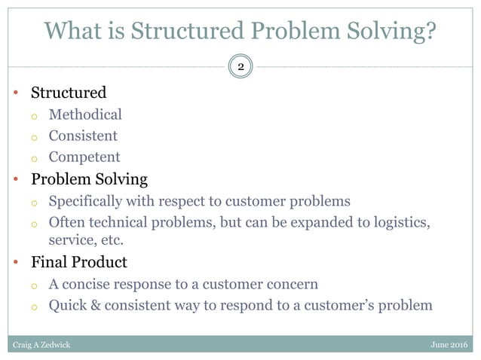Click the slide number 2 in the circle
240,67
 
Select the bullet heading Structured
68,93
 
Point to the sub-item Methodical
84,114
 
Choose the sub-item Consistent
83,136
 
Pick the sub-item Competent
84,157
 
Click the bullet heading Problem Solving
89,179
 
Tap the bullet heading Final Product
78,262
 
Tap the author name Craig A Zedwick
43,344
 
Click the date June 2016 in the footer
448,344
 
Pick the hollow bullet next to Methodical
34,116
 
